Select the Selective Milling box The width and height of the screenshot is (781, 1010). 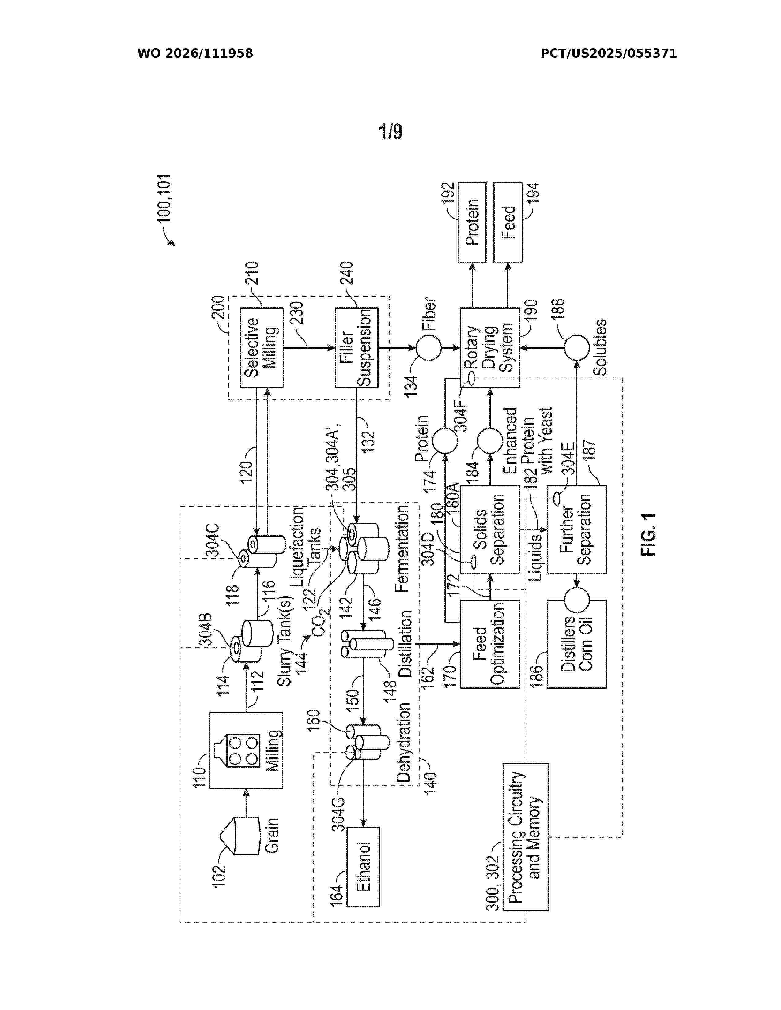pos(262,348)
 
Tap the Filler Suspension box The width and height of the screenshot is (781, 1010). pos(357,348)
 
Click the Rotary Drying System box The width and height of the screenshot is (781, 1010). pos(489,348)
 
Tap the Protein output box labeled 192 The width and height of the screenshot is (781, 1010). pos(472,223)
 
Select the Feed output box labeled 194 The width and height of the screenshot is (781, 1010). pos(508,223)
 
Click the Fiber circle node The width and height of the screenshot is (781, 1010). pos(429,348)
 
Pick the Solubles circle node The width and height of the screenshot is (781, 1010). pos(576,348)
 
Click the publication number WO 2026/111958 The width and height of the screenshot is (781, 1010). pos(195,54)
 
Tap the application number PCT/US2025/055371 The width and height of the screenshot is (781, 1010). pos(609,54)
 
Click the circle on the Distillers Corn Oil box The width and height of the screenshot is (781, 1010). pos(576,600)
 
